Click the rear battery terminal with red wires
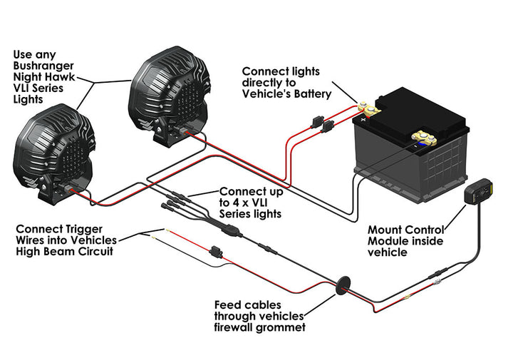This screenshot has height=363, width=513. pyautogui.click(x=370, y=109)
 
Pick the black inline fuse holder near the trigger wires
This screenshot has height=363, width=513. pyautogui.click(x=214, y=251)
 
